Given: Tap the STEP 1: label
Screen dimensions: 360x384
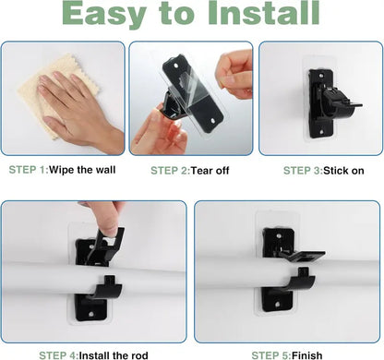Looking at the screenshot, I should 34,171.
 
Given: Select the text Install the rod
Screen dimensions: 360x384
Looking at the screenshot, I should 126,354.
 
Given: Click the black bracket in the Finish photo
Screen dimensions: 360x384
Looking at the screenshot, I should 286,277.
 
